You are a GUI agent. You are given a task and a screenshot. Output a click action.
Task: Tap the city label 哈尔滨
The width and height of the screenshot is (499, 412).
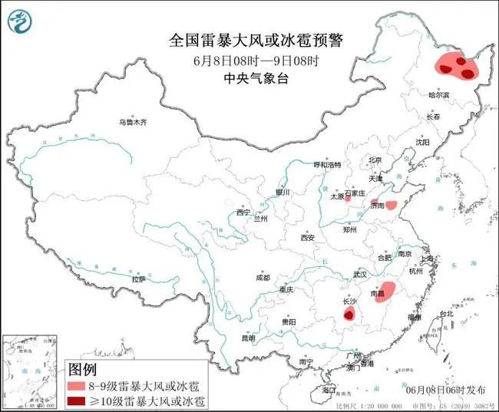439,95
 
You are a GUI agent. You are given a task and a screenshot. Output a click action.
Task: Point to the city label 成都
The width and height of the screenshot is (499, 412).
262,277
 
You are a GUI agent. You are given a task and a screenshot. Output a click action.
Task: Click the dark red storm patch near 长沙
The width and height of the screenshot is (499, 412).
349,315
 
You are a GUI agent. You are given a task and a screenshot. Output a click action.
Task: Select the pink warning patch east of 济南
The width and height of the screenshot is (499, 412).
391,205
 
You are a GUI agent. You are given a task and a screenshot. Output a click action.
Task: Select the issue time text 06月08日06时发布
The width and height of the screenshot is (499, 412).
444,390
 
